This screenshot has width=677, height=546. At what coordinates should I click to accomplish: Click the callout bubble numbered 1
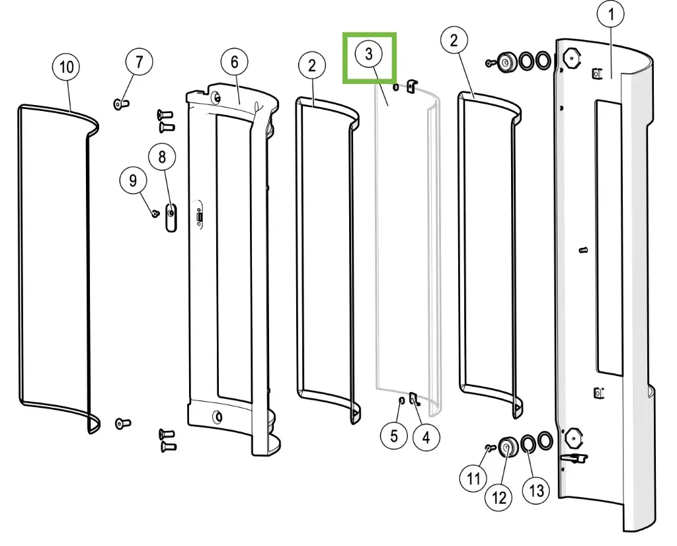[x=612, y=14]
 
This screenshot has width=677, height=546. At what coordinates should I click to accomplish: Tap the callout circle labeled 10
[x=66, y=67]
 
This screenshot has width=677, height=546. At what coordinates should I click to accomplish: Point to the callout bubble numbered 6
[x=234, y=62]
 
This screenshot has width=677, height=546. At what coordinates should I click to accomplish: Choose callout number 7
[x=139, y=62]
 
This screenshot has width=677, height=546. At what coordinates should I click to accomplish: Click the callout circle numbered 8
[x=162, y=157]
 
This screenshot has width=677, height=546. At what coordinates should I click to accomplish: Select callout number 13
[x=536, y=490]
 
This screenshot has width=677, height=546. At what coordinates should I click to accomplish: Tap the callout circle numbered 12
[x=498, y=497]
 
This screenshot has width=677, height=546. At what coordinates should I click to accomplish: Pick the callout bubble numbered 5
[x=394, y=436]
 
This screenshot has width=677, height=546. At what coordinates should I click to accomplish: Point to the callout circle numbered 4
[x=426, y=437]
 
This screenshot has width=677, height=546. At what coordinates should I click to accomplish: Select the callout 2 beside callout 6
[x=312, y=65]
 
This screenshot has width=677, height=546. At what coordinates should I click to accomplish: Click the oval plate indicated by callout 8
[x=171, y=217]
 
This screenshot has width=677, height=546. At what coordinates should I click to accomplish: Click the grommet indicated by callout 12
[x=508, y=447]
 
